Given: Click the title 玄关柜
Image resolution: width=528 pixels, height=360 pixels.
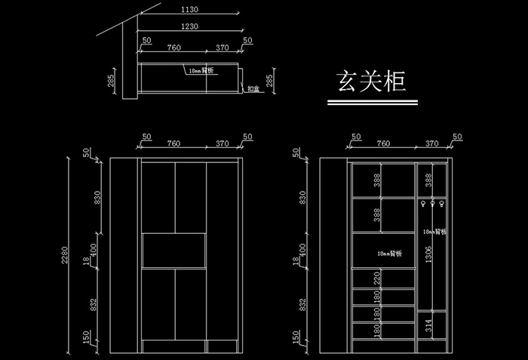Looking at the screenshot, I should tap(370, 82).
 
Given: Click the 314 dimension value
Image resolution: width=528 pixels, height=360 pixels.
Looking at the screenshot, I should tap(428, 325).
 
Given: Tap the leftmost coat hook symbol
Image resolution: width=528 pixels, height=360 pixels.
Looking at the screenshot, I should tap(423, 204).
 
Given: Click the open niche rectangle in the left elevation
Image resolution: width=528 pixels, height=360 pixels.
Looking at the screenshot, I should tap(175, 251).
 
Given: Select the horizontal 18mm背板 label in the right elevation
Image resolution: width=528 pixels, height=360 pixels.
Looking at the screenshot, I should tap(389, 254).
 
